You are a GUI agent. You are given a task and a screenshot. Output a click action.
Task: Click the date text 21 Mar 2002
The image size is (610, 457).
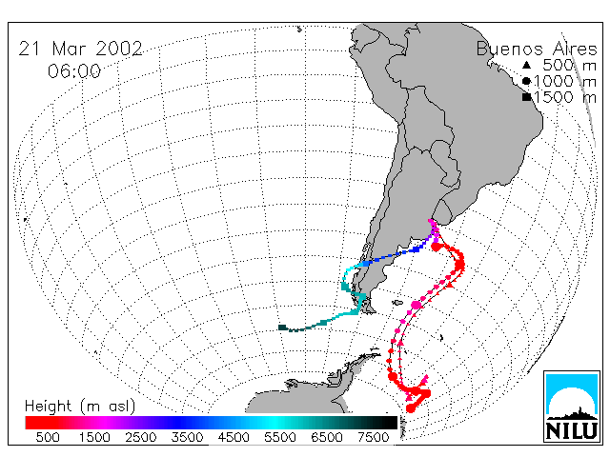point(80,49)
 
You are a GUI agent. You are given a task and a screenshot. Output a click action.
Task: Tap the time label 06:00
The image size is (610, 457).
point(74,71)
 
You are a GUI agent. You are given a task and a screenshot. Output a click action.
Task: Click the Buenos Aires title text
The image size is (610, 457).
point(537,49)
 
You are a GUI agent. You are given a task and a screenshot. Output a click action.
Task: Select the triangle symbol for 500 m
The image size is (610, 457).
point(526,65)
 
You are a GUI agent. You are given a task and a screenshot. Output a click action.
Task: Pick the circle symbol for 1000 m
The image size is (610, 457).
point(526,81)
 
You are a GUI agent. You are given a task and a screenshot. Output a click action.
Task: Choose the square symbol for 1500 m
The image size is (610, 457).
point(527,97)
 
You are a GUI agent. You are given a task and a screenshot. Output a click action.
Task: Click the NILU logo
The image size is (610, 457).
point(572,407)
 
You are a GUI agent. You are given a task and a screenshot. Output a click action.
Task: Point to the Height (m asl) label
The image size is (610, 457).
point(80,407)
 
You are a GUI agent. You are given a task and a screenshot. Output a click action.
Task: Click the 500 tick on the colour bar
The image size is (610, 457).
point(48,437)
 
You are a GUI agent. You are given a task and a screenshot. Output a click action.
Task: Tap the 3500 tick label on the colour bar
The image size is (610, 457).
point(187,437)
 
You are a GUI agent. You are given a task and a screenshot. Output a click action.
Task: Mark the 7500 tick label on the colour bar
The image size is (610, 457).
point(373,437)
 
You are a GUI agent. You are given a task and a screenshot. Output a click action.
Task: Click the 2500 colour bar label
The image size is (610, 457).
point(141,437)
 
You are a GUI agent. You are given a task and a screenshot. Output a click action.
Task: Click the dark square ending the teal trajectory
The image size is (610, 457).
point(282,328)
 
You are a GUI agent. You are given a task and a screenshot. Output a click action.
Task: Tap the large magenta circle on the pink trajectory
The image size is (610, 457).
point(417,305)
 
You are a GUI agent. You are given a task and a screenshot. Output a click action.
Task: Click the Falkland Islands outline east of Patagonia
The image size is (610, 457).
point(397,303)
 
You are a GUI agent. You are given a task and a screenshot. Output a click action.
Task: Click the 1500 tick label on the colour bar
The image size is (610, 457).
point(94,437)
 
